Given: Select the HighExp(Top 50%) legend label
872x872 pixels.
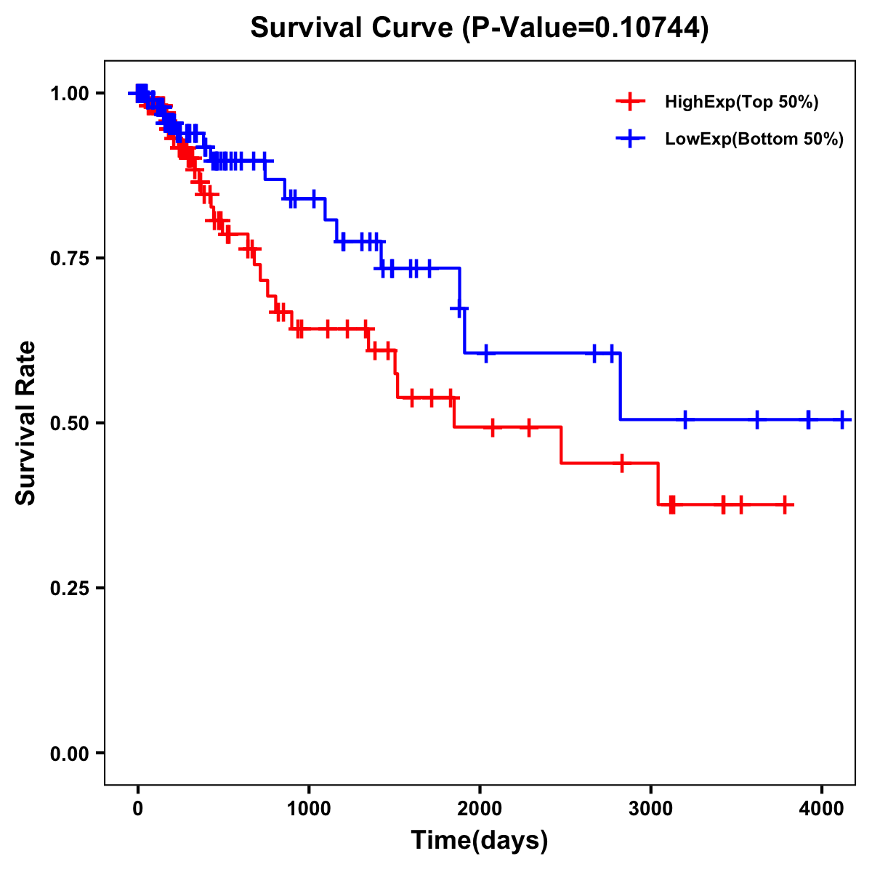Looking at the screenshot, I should pos(741,102).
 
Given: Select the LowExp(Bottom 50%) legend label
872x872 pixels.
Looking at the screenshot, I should pos(754,139).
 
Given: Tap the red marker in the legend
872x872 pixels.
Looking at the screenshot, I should pos(630,102).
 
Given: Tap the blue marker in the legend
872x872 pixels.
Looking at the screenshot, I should pos(630,138).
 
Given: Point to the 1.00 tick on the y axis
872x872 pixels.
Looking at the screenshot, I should pos(69,94).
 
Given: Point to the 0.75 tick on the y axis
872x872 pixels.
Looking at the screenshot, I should pos(69,259).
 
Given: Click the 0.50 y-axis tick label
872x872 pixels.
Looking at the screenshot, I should pos(69,424).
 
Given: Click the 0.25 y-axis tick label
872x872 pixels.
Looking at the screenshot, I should pos(69,589).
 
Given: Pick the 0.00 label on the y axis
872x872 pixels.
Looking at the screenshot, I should pos(69,754).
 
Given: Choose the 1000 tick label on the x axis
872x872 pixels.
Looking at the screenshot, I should pos(309,807).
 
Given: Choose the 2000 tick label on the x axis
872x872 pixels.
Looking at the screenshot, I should pos(480,807).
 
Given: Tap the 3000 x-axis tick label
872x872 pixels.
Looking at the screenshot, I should pos(650,807).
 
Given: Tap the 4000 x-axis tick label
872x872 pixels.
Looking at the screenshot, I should pos(822,807).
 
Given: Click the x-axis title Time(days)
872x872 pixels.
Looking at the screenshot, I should pos(480,841).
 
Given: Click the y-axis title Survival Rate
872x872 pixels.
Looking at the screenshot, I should pos(26,423).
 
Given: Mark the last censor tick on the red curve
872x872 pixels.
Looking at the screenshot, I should pos(785,505).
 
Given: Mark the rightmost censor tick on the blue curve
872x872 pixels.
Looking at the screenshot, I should pos(842,419).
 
